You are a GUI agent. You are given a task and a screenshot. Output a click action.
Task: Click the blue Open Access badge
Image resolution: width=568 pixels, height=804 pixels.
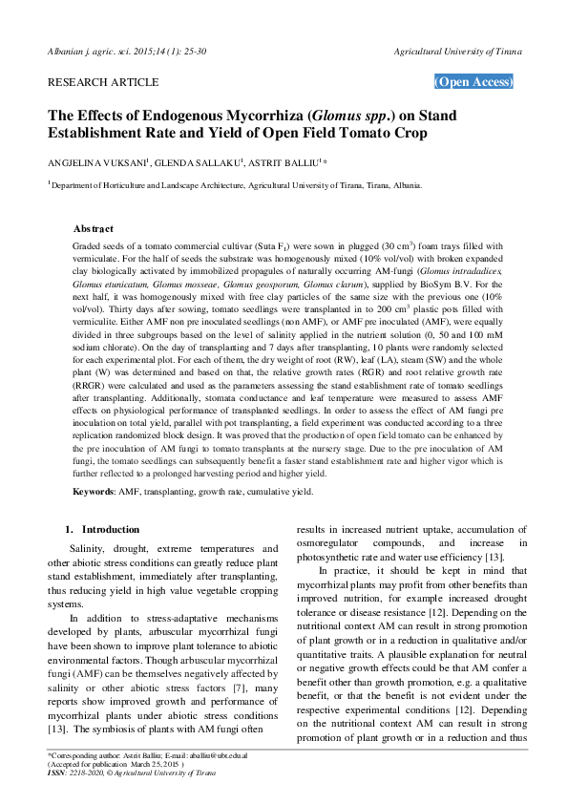click(473, 82)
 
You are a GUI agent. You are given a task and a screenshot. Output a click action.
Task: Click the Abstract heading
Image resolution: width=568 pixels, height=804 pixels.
click(94, 229)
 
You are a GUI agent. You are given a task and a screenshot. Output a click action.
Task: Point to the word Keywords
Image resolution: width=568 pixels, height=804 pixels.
click(93, 491)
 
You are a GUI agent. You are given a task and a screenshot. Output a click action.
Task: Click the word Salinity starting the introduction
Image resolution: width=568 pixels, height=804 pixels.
click(90, 549)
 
